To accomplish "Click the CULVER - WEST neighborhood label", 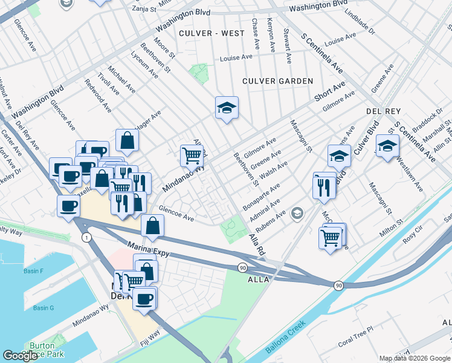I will (208, 33).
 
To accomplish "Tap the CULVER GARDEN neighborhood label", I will (277, 81).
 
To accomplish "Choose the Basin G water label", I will (44, 308).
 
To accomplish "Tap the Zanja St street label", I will (144, 10).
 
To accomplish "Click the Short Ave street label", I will (329, 92).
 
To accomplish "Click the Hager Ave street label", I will (148, 117).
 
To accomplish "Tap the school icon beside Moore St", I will (227, 108).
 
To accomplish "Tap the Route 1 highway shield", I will (87, 237).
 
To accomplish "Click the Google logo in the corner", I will (20, 356).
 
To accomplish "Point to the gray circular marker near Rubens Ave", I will (297, 213).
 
